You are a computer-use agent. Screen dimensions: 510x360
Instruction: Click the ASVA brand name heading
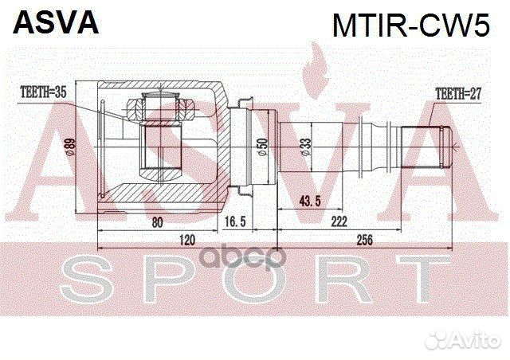(x=56, y=22)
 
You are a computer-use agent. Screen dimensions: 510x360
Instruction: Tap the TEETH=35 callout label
(x=43, y=92)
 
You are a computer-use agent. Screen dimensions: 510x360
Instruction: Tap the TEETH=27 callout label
(x=458, y=94)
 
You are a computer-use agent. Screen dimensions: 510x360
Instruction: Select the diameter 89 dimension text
(x=70, y=147)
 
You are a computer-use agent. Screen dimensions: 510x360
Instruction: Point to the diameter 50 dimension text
(x=262, y=147)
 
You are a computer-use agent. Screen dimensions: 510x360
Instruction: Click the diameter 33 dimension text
(x=306, y=147)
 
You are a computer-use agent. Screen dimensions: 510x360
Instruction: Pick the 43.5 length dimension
(x=310, y=202)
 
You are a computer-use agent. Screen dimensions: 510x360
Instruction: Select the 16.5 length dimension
(x=235, y=221)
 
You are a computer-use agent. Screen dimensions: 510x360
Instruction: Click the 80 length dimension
(x=157, y=223)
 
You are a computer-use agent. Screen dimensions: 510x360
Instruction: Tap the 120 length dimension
(x=187, y=240)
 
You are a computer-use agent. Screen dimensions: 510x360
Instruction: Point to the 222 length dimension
(x=339, y=221)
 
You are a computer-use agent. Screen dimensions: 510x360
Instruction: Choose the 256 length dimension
(x=364, y=240)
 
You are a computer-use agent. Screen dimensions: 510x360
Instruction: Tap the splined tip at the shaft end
(x=427, y=147)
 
